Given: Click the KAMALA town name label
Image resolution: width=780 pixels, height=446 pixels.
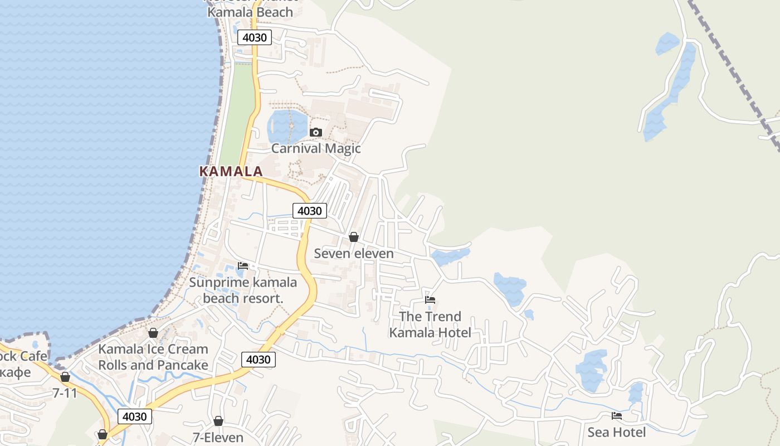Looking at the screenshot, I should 231,172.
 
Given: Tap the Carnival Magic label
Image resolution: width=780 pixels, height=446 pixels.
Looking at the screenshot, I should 316,148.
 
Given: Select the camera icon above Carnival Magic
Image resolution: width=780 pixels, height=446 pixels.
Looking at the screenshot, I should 316,132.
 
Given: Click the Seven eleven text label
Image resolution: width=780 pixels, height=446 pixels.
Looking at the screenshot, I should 354,254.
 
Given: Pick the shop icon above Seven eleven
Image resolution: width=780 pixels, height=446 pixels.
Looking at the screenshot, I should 353,237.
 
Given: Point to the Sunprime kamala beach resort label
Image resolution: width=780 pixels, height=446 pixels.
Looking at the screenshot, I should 243,290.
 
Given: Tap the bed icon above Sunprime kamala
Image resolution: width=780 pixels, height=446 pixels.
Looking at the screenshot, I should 243,266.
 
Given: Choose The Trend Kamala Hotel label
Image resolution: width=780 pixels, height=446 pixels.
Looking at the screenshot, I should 430,324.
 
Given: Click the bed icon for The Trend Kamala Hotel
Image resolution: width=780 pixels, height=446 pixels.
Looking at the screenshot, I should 430,300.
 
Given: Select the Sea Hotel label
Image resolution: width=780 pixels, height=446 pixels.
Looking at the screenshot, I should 617,432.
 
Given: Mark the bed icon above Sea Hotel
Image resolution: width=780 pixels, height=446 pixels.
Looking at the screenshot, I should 617,416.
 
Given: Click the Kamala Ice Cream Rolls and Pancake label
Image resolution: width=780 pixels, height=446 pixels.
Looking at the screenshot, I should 153,357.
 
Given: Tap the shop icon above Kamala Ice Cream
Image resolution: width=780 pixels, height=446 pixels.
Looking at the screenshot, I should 153,333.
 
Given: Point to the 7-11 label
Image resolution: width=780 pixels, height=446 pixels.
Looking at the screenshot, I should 65,393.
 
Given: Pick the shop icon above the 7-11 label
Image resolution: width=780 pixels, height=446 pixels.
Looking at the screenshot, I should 65,377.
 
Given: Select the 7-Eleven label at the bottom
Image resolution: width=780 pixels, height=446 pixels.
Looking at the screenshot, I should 218,438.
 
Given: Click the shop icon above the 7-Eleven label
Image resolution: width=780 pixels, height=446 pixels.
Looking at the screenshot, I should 218,421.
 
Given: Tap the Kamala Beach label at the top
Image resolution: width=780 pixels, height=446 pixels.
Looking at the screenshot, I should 250,12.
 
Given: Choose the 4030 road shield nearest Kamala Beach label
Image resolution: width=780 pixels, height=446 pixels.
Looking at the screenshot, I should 255,37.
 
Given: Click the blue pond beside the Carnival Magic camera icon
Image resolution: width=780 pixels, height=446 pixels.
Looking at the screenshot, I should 287,127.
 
